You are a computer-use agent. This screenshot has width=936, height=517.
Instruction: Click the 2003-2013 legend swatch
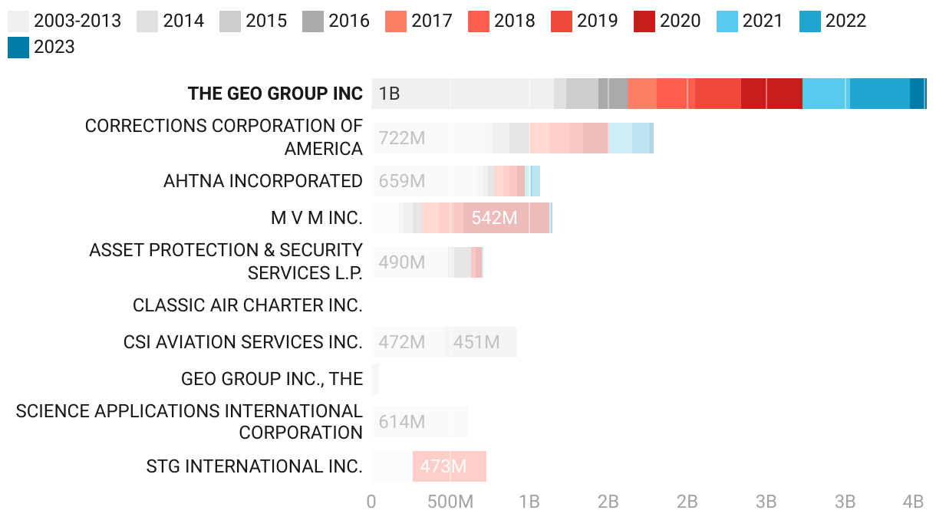(18, 21)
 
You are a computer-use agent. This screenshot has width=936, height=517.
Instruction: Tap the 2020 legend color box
(644, 21)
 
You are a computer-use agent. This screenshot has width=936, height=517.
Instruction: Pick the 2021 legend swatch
(727, 21)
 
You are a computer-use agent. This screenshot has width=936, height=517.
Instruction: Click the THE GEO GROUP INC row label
(275, 94)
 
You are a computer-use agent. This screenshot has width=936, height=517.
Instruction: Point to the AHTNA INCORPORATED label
(263, 181)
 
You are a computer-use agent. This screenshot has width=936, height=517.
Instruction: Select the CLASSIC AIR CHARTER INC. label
(248, 305)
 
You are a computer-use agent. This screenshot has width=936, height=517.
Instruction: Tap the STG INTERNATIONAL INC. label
(255, 466)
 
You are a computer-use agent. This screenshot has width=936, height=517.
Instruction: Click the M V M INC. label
(317, 218)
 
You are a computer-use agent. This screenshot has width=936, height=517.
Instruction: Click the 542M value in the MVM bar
(494, 218)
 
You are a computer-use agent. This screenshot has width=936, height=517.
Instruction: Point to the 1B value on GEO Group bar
(389, 94)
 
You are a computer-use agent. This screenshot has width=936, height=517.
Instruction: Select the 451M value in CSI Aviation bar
(476, 342)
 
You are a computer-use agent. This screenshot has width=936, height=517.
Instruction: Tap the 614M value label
(402, 422)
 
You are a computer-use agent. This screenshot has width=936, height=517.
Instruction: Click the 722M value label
(402, 139)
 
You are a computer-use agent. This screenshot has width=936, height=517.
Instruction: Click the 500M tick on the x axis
(450, 502)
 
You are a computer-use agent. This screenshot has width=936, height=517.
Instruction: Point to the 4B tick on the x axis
(913, 502)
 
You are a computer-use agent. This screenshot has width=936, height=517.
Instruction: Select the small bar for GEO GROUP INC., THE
(375, 379)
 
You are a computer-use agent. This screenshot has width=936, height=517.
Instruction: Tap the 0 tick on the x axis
(371, 502)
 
